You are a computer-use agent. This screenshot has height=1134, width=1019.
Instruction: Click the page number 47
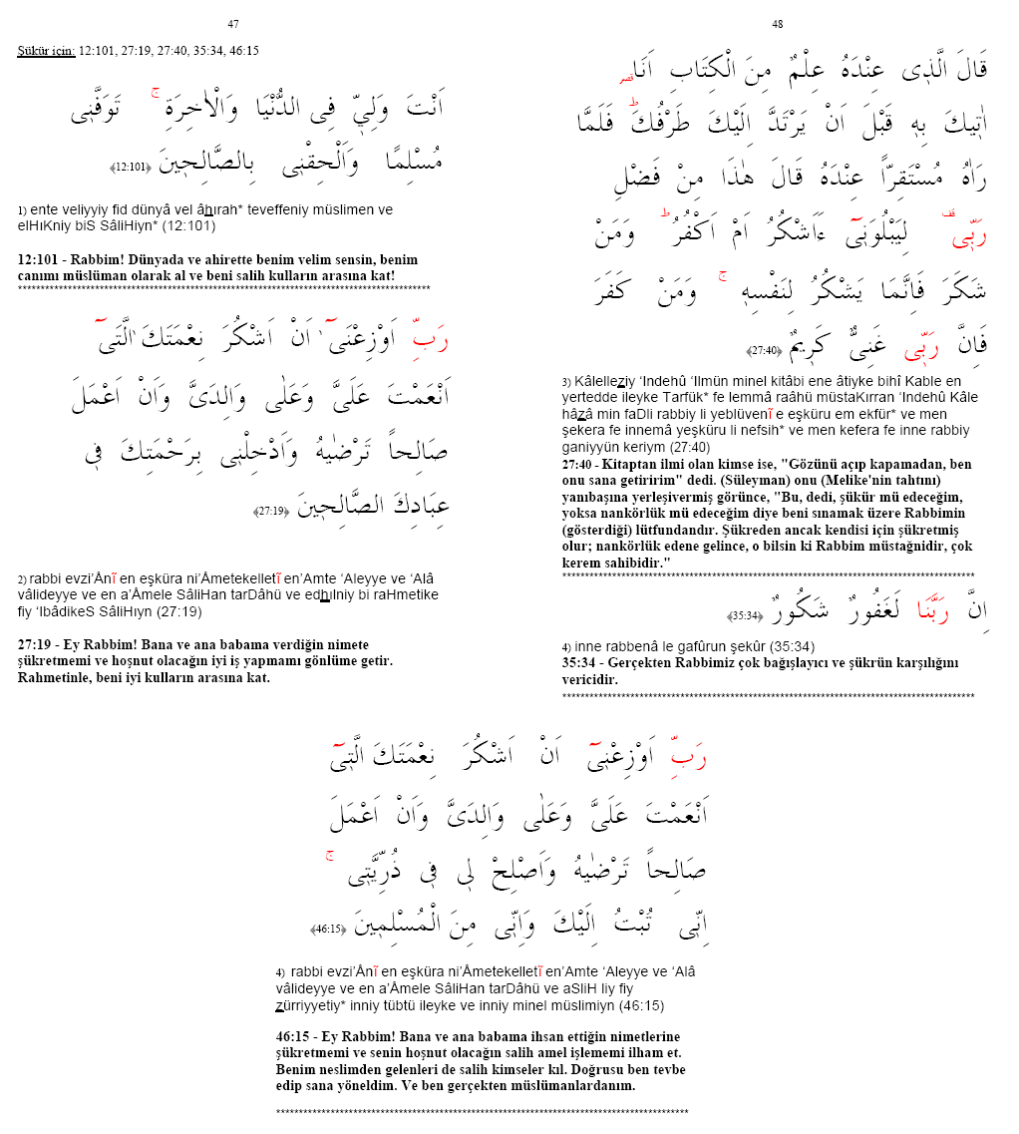[232, 24]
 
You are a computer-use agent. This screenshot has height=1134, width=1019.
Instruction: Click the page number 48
[778, 24]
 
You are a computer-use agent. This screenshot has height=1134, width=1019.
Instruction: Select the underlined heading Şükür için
[46, 50]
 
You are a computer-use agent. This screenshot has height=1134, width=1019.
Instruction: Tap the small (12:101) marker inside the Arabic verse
[131, 167]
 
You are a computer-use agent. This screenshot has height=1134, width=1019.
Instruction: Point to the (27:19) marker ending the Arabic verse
[271, 512]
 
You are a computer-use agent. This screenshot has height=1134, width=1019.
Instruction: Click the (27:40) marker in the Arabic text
[765, 350]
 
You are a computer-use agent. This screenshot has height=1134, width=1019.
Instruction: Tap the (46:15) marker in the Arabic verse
[328, 929]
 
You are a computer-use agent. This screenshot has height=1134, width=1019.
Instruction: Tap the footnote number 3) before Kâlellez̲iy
[566, 382]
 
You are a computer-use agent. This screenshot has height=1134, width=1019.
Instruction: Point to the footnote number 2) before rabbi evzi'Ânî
[22, 579]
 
